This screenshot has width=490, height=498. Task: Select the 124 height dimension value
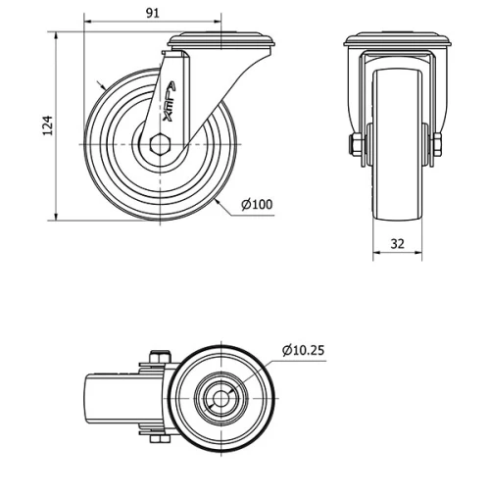point(46,124)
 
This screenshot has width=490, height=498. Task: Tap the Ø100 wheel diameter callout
point(257,205)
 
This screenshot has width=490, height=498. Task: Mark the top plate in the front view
point(396,42)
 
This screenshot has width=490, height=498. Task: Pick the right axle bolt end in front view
point(437,145)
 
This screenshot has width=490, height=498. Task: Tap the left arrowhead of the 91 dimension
point(87,22)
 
